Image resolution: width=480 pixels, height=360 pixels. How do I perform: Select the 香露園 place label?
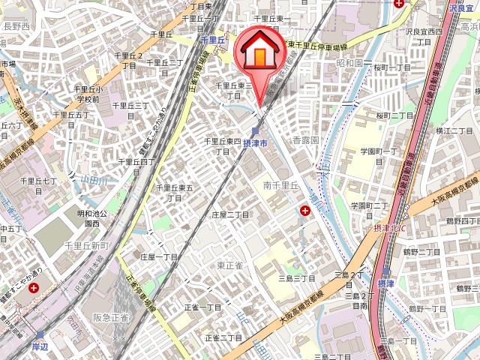[x=306, y=140]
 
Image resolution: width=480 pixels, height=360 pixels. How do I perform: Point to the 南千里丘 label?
[x=281, y=184]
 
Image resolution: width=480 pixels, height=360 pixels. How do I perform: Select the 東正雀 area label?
[x=230, y=265]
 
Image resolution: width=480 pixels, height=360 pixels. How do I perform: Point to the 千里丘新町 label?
[x=87, y=246]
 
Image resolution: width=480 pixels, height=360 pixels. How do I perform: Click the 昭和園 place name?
[x=349, y=64]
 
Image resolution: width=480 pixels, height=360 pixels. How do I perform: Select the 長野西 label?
[x=16, y=25]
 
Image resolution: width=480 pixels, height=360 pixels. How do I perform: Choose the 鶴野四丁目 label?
[x=462, y=221]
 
